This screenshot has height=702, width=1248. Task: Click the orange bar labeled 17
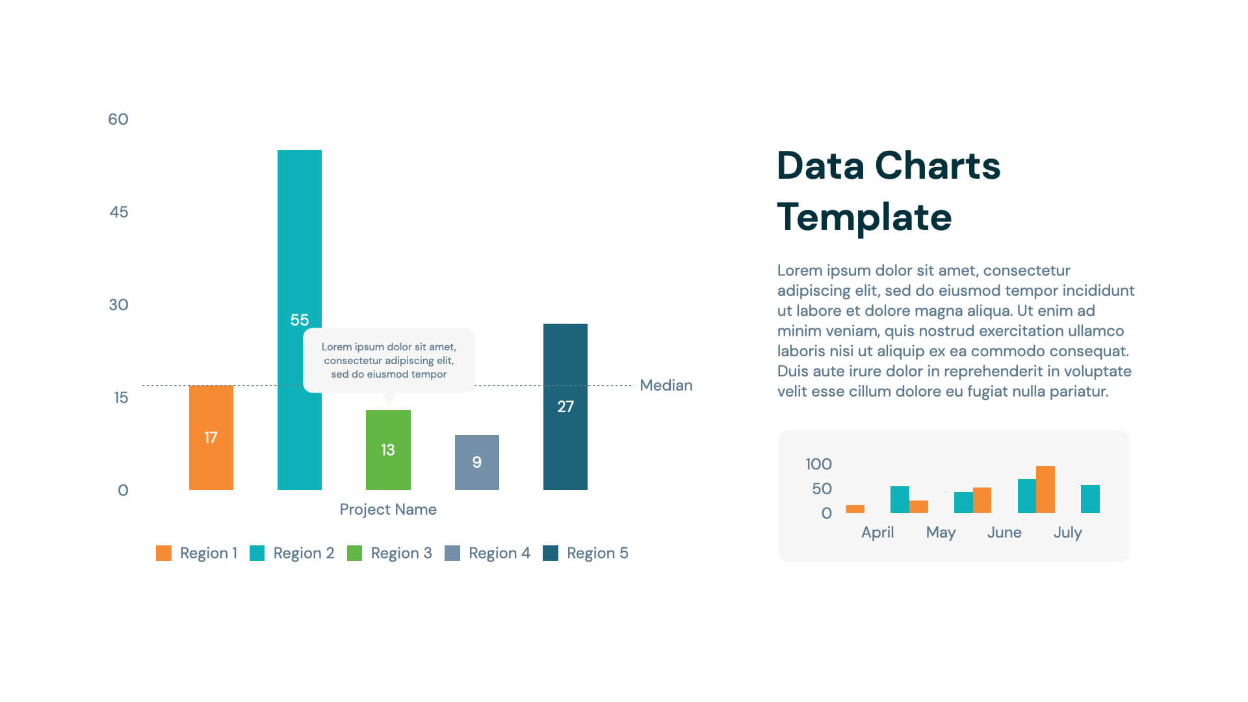(x=211, y=437)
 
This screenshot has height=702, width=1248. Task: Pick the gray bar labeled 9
(x=476, y=462)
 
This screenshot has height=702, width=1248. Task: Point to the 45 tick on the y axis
(x=119, y=212)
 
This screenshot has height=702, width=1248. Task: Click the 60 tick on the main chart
(x=118, y=119)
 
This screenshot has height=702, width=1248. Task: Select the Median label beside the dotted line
(x=666, y=385)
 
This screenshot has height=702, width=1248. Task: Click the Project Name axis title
(x=388, y=510)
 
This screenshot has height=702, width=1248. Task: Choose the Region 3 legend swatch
(x=354, y=553)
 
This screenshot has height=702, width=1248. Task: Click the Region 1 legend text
(x=208, y=553)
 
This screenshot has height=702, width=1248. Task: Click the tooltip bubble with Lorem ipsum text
(x=389, y=360)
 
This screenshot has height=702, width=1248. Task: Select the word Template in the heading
(x=864, y=217)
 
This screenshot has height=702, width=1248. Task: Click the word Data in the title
(x=820, y=166)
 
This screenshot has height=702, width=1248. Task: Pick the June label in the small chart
(x=1004, y=532)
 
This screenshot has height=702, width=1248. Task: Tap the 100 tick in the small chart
(x=818, y=464)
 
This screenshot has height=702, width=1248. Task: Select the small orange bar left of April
(x=855, y=509)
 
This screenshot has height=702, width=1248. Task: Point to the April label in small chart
(x=877, y=532)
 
